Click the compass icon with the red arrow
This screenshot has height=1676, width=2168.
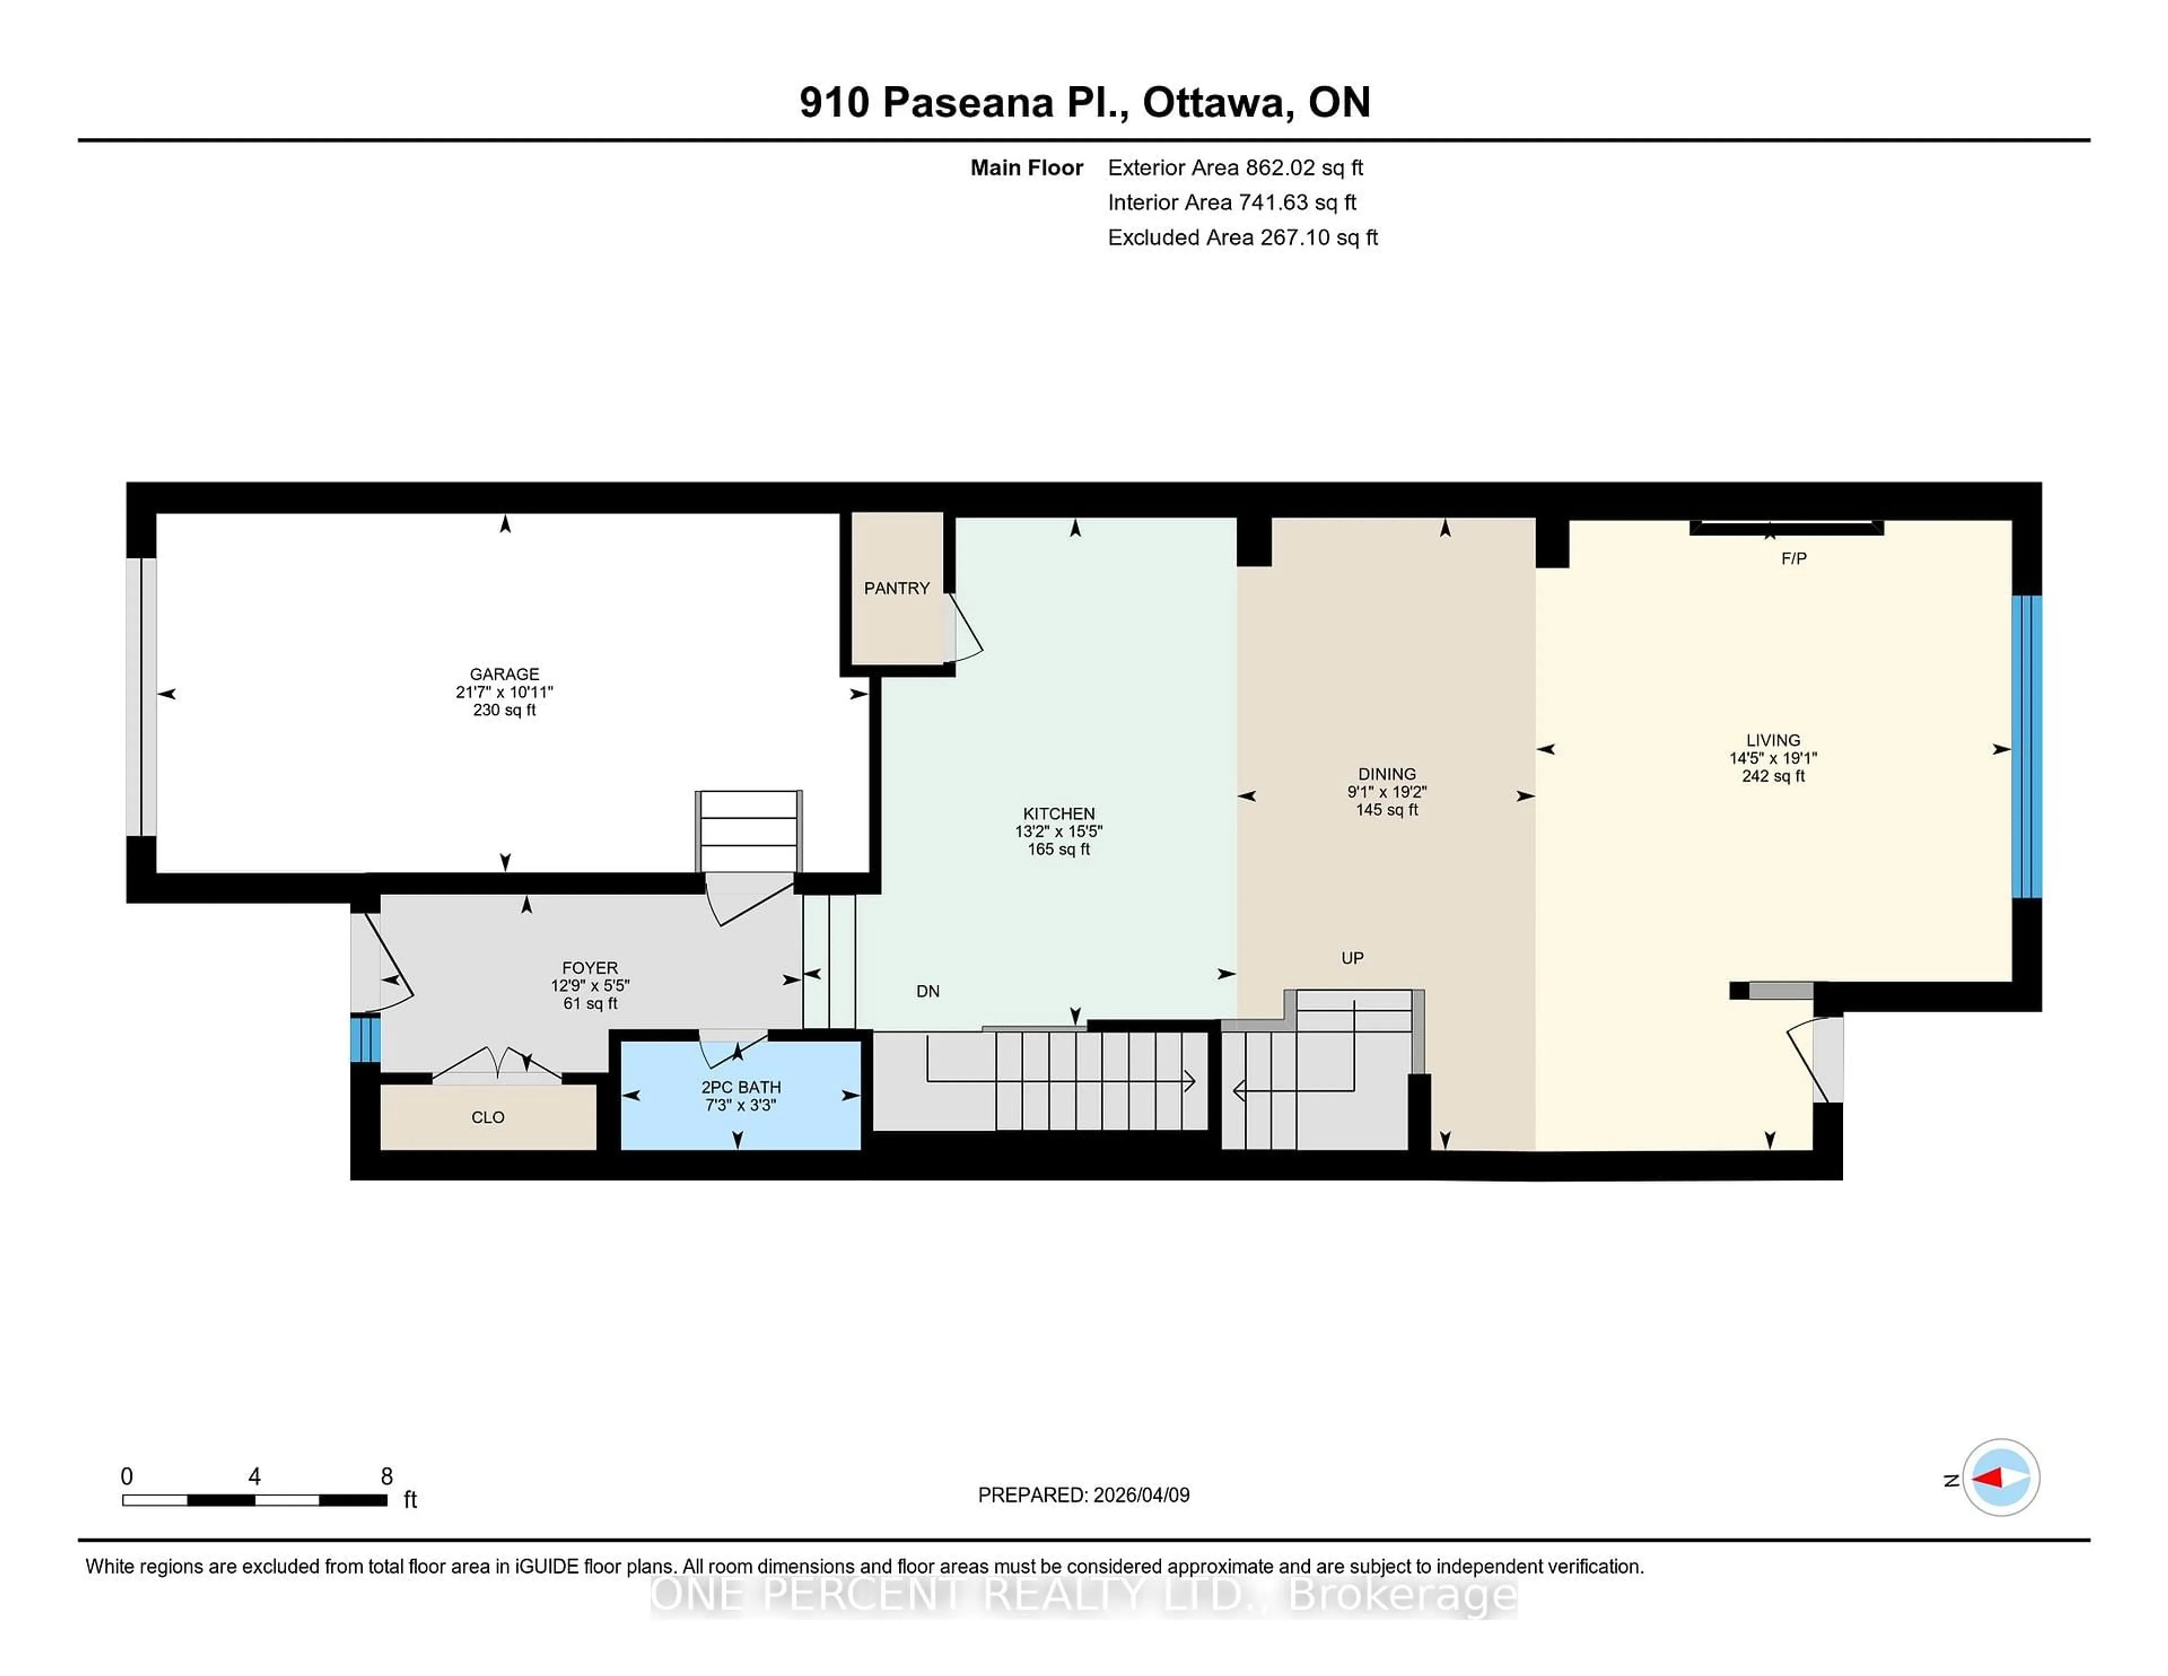point(2000,1477)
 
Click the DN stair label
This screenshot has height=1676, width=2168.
point(927,991)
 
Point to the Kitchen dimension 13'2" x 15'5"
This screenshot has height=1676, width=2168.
point(1058,832)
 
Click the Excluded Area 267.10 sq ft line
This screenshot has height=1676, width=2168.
point(1242,237)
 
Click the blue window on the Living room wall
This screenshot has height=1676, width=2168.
point(2026,747)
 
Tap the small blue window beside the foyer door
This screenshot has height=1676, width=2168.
point(365,1037)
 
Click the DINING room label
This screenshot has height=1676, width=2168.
point(1387,774)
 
